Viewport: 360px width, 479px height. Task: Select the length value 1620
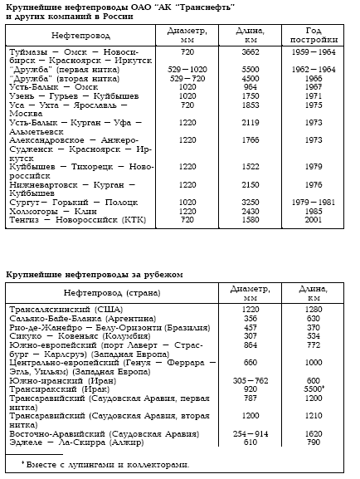(311, 432)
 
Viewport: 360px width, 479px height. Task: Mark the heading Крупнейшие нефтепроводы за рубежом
(93, 273)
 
